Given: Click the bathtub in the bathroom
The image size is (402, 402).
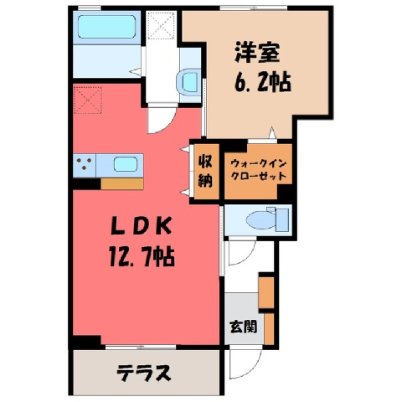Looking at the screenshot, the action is (x=106, y=27).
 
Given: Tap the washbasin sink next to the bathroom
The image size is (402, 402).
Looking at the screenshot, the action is (x=188, y=81).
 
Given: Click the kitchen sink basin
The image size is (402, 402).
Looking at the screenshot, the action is (x=126, y=164).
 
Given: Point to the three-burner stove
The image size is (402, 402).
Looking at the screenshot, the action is (x=85, y=165).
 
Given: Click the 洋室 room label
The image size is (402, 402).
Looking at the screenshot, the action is (x=257, y=52).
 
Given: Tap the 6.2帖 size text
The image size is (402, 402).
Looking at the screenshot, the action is (x=263, y=82).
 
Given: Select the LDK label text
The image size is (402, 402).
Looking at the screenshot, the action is (x=141, y=226).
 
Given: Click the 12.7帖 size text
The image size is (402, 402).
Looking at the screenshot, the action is (x=142, y=256).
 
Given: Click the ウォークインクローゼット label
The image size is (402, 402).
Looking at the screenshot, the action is (x=259, y=170).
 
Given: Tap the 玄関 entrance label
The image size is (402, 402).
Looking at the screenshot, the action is (x=243, y=326).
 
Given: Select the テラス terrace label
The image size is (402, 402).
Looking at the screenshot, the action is (x=143, y=373).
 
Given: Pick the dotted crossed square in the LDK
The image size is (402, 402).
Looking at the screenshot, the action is (x=88, y=100).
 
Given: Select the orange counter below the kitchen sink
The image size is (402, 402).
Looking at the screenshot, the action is (x=122, y=183).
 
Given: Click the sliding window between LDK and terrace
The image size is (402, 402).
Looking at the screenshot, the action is (x=141, y=347).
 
